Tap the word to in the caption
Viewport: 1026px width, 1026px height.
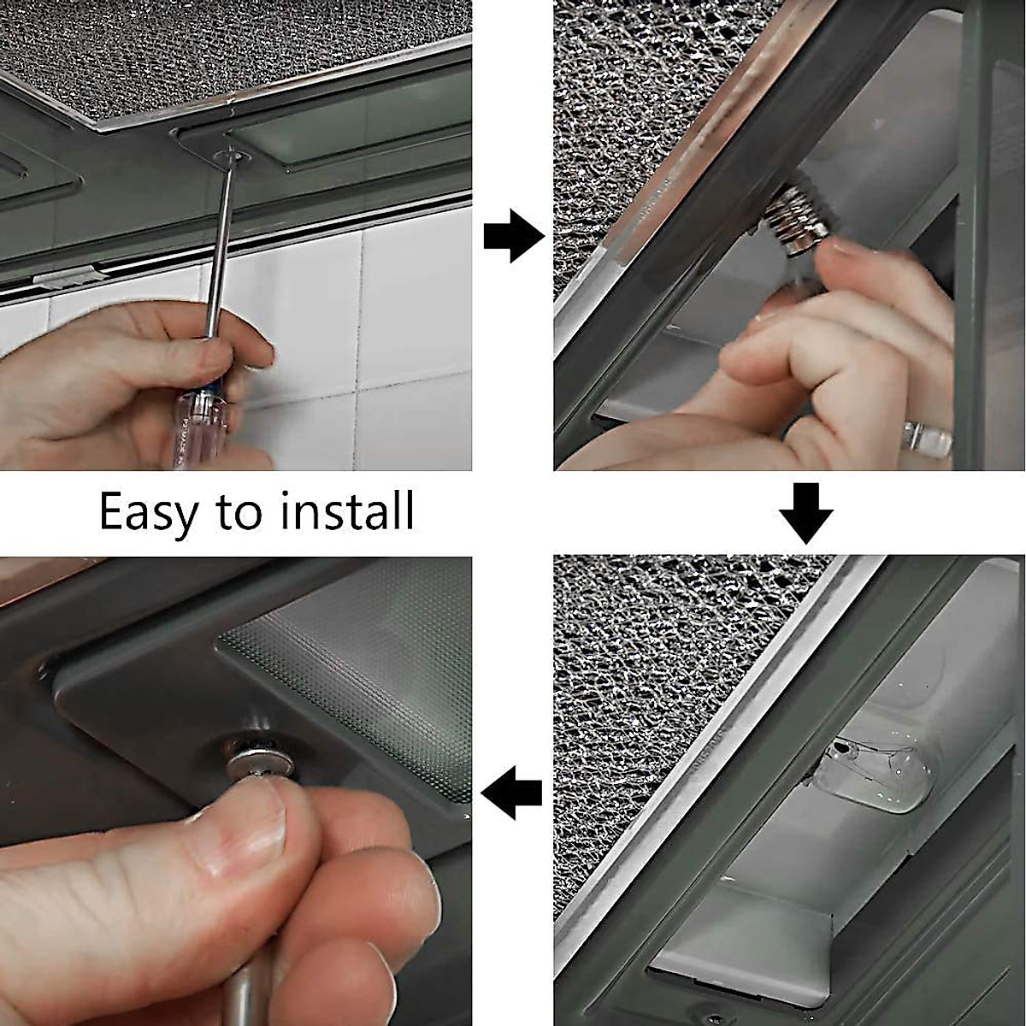coord(239,511)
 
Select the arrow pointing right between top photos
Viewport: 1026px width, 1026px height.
coord(515,235)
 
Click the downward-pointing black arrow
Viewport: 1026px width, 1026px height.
coord(806,513)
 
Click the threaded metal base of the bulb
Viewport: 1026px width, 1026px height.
coord(792,225)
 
